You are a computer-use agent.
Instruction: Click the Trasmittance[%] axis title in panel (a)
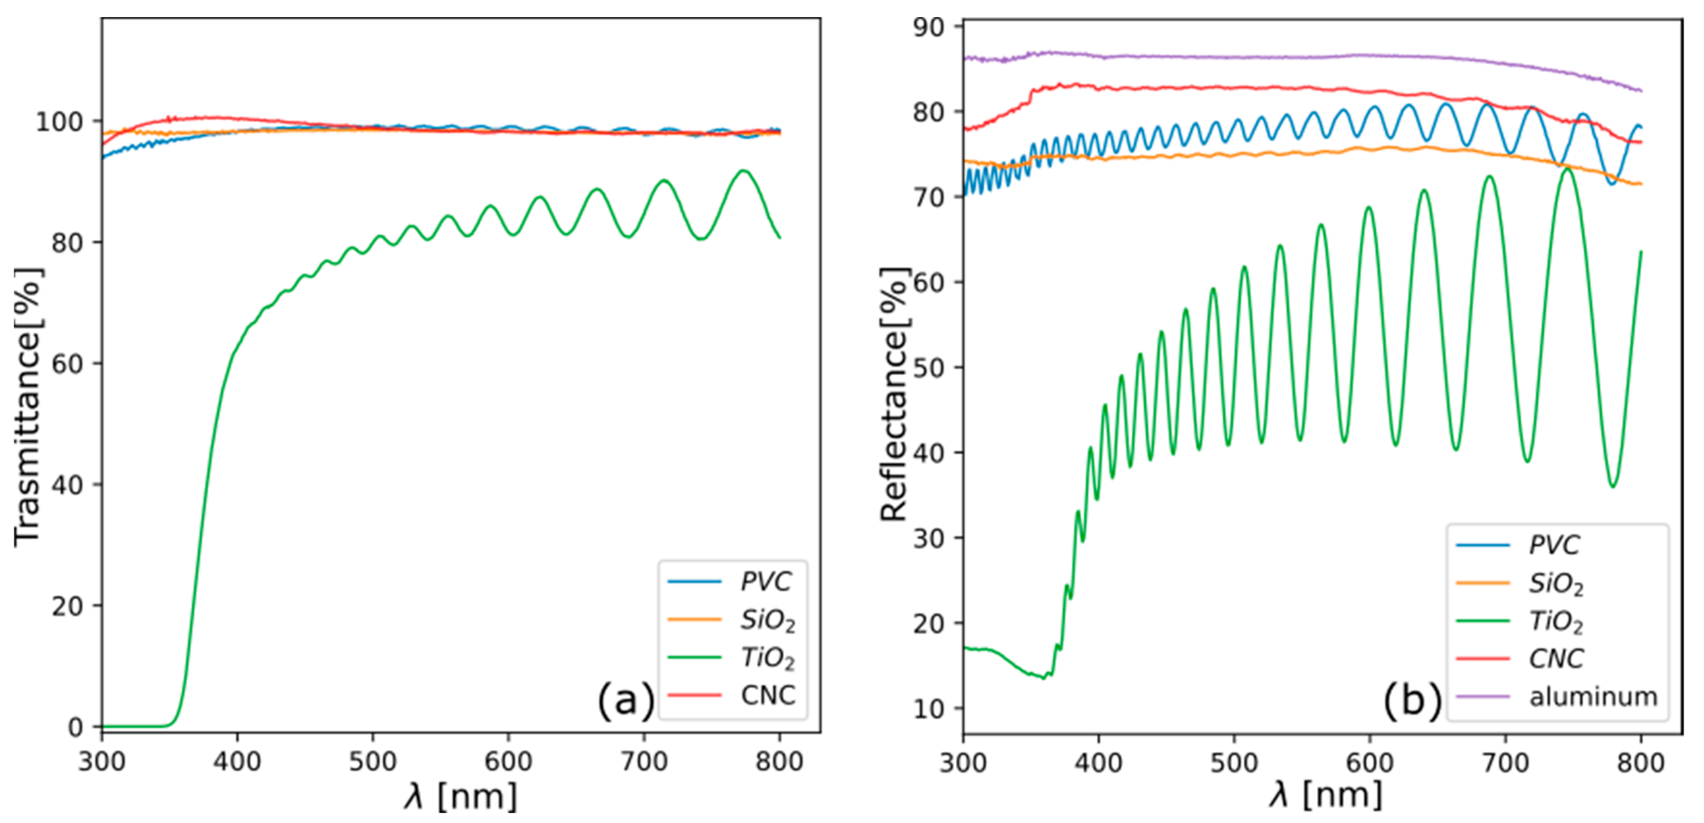tap(28, 407)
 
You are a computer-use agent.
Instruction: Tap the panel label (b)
tap(1412, 700)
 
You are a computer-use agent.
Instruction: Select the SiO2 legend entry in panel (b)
tap(1556, 584)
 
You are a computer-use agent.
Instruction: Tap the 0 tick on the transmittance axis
tap(75, 727)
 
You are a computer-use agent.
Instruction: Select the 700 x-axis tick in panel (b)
tap(1505, 763)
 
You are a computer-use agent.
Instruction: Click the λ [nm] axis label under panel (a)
tap(460, 797)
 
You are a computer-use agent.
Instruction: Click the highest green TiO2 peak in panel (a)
tap(743, 171)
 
